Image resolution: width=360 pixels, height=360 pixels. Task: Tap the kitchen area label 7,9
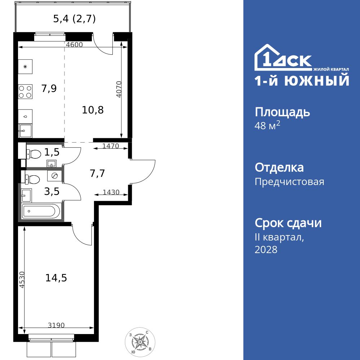coord(49,89)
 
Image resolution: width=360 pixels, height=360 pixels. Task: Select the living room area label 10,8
coord(93,110)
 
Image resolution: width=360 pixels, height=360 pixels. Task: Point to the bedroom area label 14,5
coord(56,278)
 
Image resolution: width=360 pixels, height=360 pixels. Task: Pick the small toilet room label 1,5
coord(52,152)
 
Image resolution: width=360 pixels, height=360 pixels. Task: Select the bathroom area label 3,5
coord(51,191)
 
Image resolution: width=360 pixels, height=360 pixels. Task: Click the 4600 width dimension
coord(75,45)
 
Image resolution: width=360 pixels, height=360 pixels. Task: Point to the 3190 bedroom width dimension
coord(56,325)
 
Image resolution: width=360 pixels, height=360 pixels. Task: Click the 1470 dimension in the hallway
coord(111,146)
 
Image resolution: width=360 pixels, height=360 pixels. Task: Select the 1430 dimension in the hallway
coord(111,193)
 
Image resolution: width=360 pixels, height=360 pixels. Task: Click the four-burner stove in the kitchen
coord(25,91)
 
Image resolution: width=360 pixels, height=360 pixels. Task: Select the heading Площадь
coord(282,112)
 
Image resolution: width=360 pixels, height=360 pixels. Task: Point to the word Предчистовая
coord(289,182)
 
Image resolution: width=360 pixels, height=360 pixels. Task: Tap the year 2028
coord(266,249)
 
